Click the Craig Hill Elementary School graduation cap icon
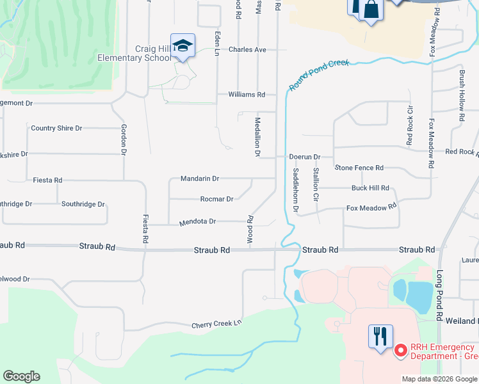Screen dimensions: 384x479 (183, 46)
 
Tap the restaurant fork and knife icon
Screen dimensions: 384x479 (380, 335)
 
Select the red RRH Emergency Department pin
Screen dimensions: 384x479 (401, 351)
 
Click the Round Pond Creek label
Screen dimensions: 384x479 (318, 75)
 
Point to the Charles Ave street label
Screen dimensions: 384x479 (247, 49)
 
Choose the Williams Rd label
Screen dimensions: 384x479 (247, 94)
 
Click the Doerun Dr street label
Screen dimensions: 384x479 (305, 156)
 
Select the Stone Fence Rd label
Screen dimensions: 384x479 (359, 168)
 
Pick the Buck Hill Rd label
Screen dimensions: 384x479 (370, 188)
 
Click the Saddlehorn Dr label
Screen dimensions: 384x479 (296, 190)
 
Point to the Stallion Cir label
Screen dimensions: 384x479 (316, 184)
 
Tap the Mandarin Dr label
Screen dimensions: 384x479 (200, 179)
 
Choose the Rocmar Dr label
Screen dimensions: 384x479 (216, 199)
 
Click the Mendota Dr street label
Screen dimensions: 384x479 (198, 221)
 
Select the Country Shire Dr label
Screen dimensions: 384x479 (56, 128)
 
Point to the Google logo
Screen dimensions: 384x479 (21, 376)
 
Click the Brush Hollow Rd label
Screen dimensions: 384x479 (461, 97)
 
